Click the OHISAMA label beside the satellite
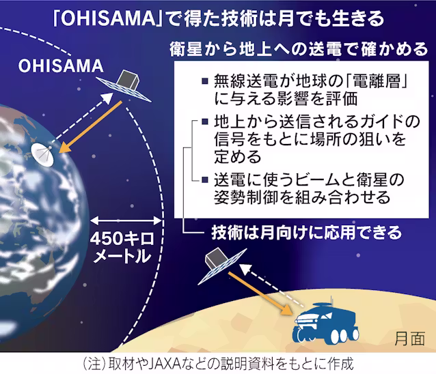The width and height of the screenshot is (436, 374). pos(61,66)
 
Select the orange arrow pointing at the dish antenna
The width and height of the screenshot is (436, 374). pos(91,127)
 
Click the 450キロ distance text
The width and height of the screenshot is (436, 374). pos(122,238)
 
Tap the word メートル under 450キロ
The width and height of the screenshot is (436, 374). pos(122,256)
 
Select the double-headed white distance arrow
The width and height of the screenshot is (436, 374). pos(126,220)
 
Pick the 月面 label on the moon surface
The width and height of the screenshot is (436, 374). pos(410,339)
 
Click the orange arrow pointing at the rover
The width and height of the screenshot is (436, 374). pos(260,293)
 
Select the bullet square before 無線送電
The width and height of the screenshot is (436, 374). pos(205,81)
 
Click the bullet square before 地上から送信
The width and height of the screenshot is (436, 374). pos(205,121)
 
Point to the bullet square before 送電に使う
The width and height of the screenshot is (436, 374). pos(205,179)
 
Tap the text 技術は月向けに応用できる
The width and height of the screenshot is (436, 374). pos(307,233)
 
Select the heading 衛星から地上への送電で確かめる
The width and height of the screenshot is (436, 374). pos(299,49)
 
